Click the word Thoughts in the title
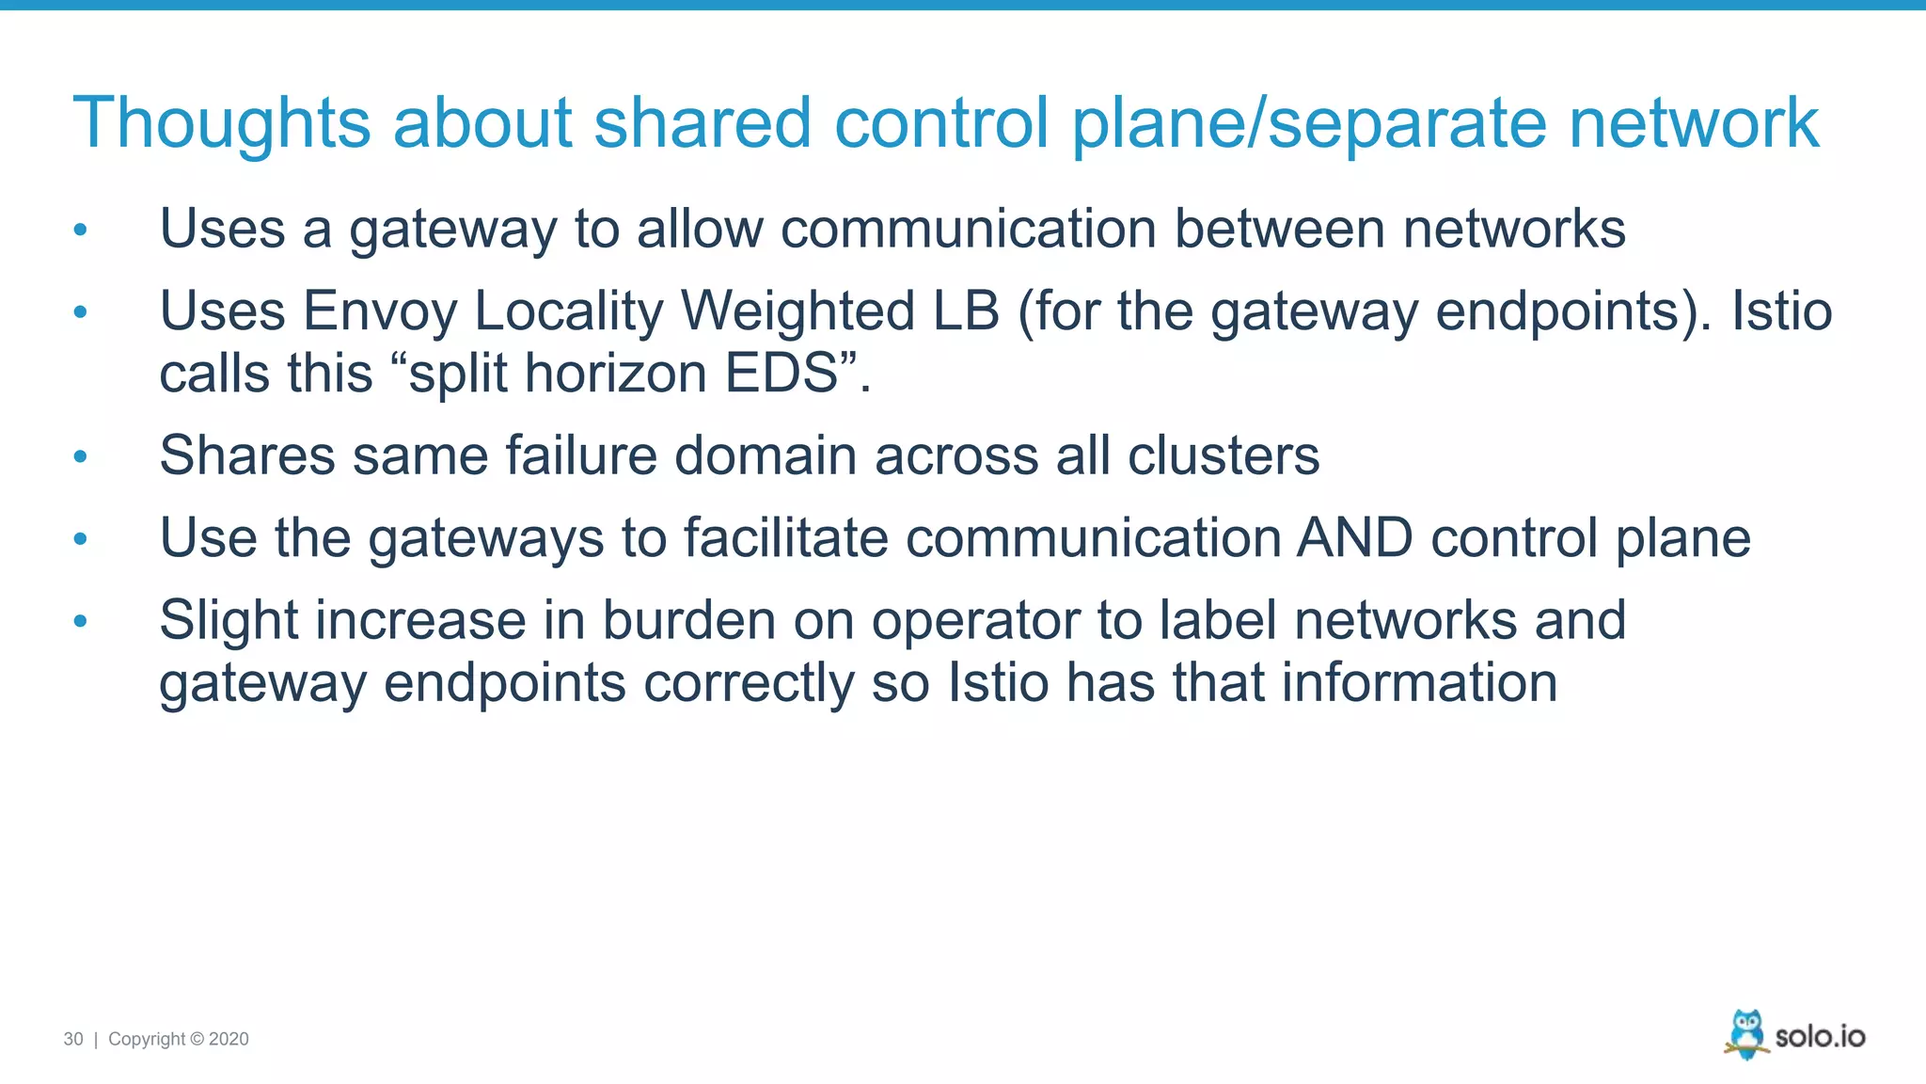click(222, 123)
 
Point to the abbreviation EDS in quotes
click(781, 374)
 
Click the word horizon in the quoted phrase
click(615, 374)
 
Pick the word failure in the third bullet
click(580, 456)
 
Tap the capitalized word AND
click(1354, 538)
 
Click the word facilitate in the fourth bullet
click(785, 538)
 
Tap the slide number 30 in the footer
click(73, 1039)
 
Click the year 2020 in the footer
click(229, 1039)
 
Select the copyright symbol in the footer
click(197, 1039)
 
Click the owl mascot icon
click(1746, 1034)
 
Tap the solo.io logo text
click(1820, 1037)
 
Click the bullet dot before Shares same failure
click(81, 457)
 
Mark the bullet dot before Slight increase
click(81, 621)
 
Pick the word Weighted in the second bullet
click(797, 311)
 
